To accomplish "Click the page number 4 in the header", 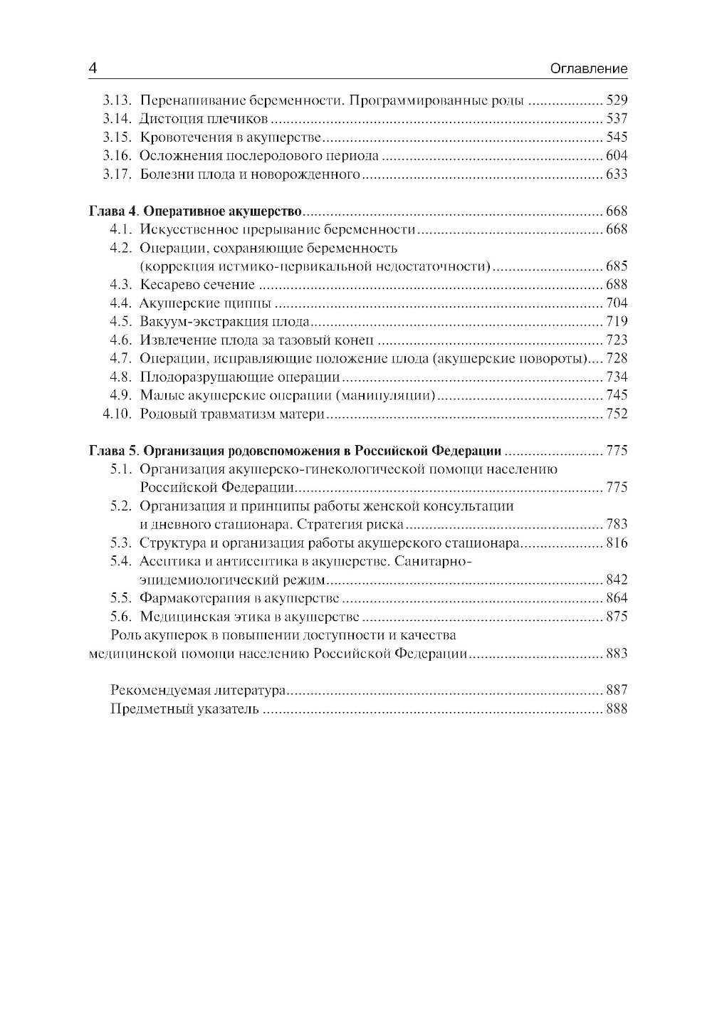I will (92, 68).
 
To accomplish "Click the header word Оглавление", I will (589, 69).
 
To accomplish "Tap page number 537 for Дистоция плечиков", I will (616, 119).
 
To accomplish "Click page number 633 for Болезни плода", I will (616, 174).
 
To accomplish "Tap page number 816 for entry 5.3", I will (616, 543).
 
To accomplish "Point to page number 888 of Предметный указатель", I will (616, 710).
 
